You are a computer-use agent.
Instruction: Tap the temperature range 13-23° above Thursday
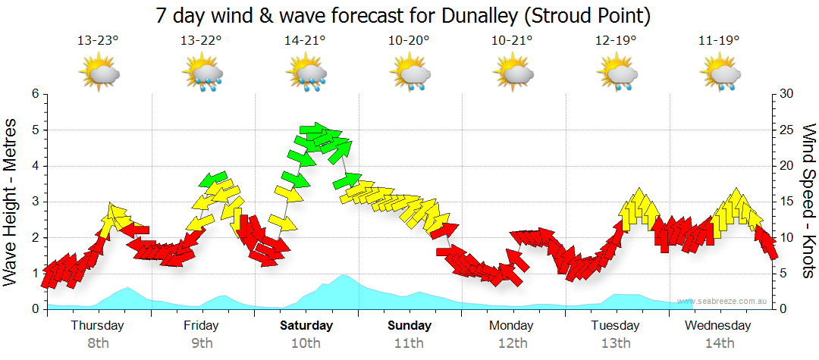(x=99, y=40)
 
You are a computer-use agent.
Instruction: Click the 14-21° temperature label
(x=306, y=40)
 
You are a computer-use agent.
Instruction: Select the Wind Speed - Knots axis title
(x=808, y=201)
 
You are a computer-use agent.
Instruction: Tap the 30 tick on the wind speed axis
(x=786, y=94)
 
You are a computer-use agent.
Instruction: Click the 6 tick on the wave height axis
(x=34, y=94)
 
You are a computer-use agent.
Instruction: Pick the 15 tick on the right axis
(x=786, y=202)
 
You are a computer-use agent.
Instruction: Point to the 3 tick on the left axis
(x=34, y=202)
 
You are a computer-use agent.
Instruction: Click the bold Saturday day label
(x=306, y=326)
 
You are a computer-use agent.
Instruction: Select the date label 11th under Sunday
(x=409, y=343)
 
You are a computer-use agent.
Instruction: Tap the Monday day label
(x=513, y=326)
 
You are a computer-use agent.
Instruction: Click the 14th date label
(x=720, y=343)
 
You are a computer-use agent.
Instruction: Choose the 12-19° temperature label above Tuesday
(x=616, y=40)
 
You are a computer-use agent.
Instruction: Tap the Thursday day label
(x=99, y=326)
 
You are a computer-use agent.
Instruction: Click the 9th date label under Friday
(x=202, y=343)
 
